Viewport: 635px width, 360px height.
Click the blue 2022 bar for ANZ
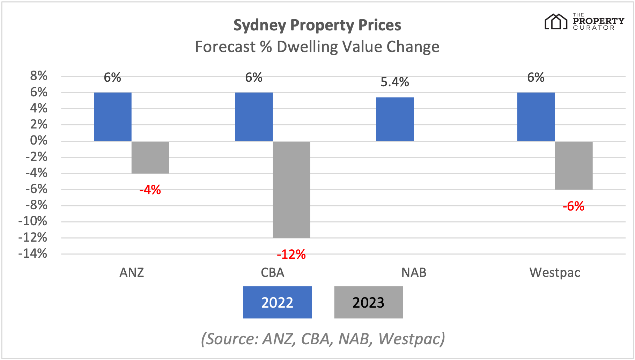click(113, 117)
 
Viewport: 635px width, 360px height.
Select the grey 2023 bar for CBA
click(291, 190)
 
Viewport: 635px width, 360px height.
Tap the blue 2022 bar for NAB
click(395, 119)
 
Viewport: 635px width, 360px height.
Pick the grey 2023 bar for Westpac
click(574, 166)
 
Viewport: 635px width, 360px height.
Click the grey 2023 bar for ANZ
click(150, 157)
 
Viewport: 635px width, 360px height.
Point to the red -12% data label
click(291, 255)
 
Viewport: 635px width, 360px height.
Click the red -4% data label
click(150, 190)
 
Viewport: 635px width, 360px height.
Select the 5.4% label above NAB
click(395, 82)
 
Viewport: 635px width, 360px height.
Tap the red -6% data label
click(573, 206)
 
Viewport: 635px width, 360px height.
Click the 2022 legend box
click(278, 302)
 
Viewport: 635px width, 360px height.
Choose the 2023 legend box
click(368, 302)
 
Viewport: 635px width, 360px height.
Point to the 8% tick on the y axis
click(38, 76)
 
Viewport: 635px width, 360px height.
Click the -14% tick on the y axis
click(33, 254)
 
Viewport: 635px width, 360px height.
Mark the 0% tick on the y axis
click(38, 140)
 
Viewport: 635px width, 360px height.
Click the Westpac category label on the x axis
click(555, 272)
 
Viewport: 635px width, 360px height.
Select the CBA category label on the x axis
click(273, 272)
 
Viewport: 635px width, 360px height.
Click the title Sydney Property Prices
click(317, 25)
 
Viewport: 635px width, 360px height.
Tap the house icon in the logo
click(556, 22)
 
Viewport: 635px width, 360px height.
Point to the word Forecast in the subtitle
click(225, 47)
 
